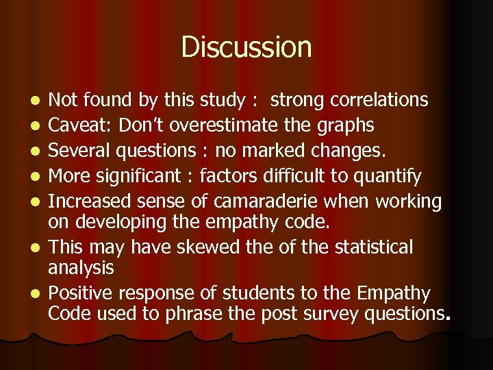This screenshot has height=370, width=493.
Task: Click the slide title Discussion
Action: [246, 48]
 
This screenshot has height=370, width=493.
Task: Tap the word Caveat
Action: [76, 126]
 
